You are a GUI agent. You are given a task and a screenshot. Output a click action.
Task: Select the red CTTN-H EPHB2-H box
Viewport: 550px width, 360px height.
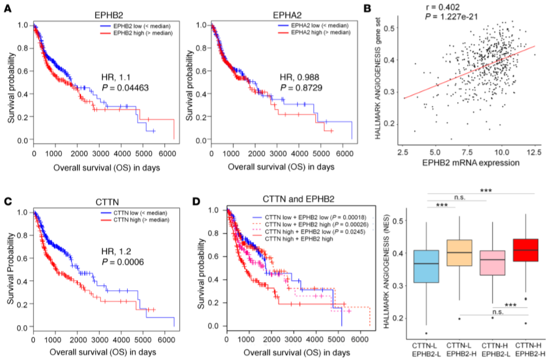point(524,250)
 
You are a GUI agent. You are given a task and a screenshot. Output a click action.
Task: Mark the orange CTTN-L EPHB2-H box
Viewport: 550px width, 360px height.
point(459,253)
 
